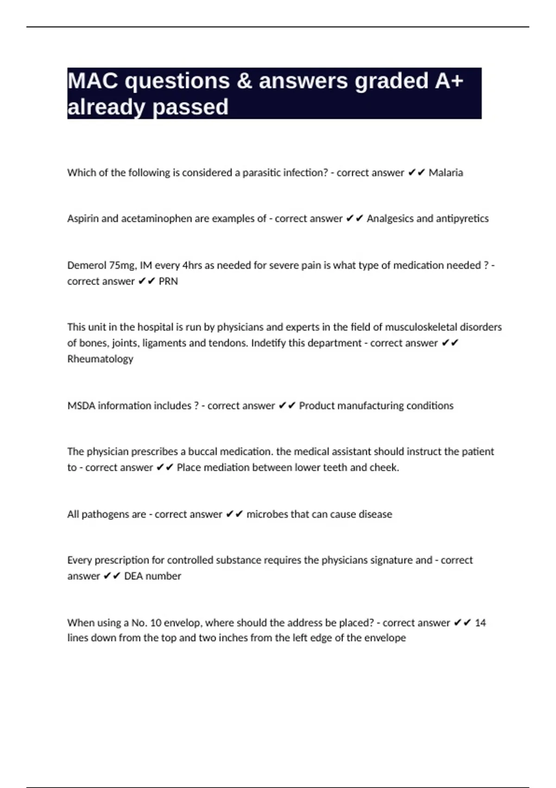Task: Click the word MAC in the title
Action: [x=93, y=81]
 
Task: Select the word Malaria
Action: [x=446, y=173]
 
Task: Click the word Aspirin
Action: [x=82, y=219]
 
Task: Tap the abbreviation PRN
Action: [x=168, y=281]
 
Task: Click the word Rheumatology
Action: [x=100, y=359]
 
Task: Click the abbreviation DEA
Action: [x=133, y=576]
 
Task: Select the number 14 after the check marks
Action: [x=480, y=623]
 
